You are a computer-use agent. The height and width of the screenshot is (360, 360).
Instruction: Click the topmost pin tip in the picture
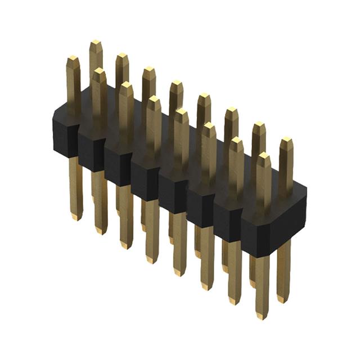(96, 43)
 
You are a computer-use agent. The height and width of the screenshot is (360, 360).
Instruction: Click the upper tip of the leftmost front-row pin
(73, 58)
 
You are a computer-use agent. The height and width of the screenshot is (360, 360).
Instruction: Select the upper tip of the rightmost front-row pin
(263, 156)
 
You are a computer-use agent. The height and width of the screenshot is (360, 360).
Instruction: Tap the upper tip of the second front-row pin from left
(100, 72)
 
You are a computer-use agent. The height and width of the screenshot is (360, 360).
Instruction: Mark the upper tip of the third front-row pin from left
(127, 85)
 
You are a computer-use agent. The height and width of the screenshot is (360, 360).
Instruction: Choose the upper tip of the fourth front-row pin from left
(154, 100)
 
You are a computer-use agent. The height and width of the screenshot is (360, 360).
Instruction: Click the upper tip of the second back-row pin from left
(122, 57)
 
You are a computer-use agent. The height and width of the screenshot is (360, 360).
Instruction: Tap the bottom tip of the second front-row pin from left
(101, 231)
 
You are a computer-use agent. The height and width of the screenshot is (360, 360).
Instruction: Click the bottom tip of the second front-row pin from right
(234, 301)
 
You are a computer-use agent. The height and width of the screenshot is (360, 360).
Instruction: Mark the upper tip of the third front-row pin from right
(209, 127)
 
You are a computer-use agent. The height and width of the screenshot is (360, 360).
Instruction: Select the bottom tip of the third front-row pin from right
(206, 287)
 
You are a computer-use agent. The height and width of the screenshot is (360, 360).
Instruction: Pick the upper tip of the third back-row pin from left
(149, 70)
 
